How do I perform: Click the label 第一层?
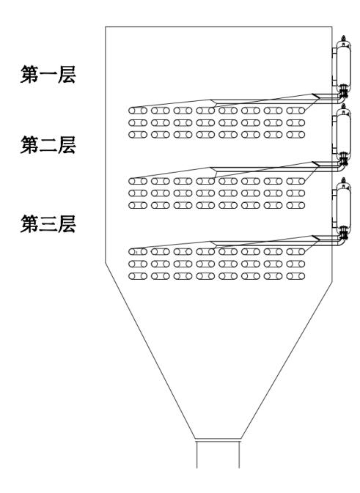point(48,75)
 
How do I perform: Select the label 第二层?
point(48,145)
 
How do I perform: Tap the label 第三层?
point(48,224)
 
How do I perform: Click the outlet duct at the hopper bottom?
point(218,453)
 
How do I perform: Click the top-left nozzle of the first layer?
point(138,111)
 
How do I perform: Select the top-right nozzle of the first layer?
point(295,111)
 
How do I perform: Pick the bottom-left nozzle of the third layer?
point(138,276)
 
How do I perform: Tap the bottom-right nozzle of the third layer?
point(295,276)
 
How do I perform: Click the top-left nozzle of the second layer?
point(138,181)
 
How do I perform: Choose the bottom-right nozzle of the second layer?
point(295,205)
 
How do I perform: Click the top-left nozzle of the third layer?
point(138,251)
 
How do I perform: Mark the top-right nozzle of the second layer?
point(295,181)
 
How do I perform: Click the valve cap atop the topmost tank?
point(344,38)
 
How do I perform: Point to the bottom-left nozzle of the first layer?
point(138,135)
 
